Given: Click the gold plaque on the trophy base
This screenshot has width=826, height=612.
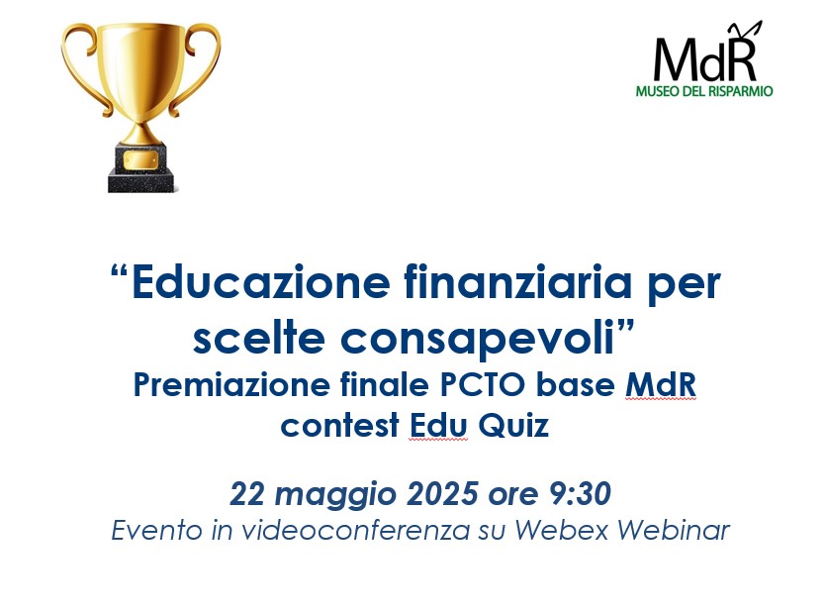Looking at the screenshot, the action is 140,160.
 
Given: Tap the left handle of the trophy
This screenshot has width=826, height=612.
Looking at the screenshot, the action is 80,63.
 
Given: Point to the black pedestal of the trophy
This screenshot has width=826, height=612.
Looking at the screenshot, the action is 140,167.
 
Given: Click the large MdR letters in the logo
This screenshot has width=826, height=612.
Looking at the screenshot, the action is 706,55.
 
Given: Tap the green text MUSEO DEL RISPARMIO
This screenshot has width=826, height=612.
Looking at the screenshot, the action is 704,91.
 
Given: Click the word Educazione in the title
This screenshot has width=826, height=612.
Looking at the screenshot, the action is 261,282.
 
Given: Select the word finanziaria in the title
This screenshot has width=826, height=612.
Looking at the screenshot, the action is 517,282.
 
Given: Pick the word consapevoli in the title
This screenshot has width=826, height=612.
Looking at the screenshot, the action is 479,340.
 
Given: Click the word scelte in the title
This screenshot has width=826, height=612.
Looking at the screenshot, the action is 258,339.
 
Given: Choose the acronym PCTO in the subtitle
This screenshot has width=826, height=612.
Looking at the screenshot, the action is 483,385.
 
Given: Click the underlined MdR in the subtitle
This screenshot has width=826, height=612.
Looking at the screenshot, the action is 661,385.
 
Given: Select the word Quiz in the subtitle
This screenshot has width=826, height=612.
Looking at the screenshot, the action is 513,425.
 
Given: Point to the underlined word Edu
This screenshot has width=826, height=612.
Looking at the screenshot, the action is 438,425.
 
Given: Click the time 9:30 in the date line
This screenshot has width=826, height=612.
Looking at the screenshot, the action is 580,494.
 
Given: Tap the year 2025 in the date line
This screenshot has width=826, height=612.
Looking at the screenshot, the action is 442,494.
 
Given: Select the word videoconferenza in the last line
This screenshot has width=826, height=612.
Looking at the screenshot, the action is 355,530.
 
